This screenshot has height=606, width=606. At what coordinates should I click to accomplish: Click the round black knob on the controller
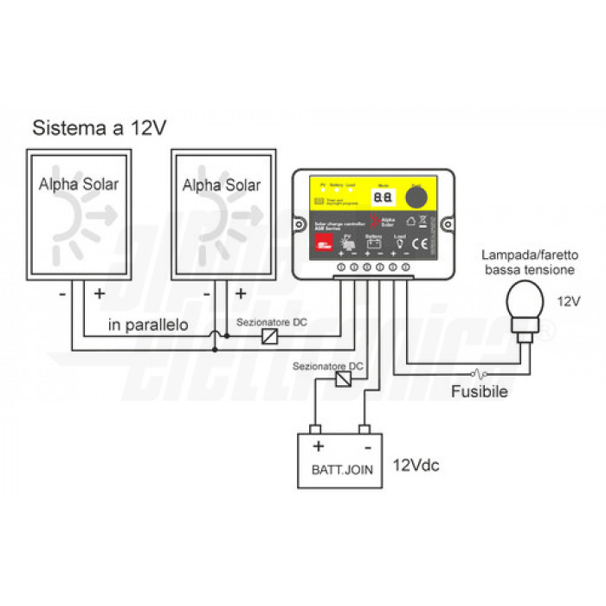pyautogui.click(x=418, y=197)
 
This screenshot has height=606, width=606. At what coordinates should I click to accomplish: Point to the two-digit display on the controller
pyautogui.click(x=383, y=197)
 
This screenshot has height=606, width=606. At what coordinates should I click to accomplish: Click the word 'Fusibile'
pyautogui.click(x=478, y=391)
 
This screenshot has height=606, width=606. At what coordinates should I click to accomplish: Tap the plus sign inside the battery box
pyautogui.click(x=318, y=446)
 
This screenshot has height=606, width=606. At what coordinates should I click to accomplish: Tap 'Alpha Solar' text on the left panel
pyautogui.click(x=79, y=184)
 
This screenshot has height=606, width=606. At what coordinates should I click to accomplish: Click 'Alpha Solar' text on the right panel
pyautogui.click(x=222, y=184)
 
